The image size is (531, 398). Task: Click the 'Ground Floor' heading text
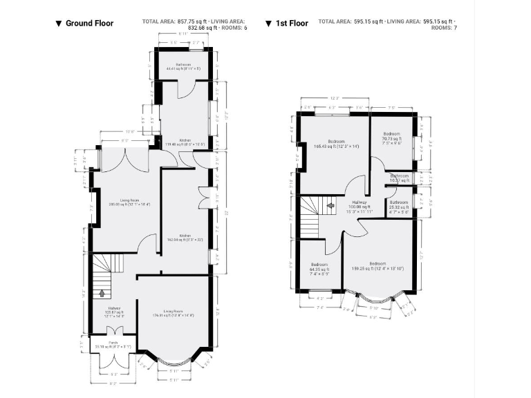point(89,23)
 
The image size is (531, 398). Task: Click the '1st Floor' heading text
point(292,23)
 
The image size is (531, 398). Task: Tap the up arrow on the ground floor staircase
point(102,293)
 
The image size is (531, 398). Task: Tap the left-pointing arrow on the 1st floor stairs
point(330,205)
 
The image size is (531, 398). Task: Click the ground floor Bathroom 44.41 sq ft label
point(183,67)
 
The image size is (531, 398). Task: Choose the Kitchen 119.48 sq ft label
point(185,142)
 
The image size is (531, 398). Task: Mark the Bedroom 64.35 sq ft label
point(319,267)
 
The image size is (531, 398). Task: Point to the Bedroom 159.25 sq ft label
point(378,266)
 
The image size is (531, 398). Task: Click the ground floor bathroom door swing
point(185,90)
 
